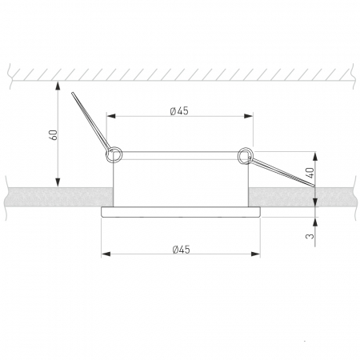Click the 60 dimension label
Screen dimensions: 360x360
54,135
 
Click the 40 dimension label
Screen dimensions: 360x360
310,173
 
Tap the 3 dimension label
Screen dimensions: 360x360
310,236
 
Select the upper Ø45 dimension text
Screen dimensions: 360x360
179,111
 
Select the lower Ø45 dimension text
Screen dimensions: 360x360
181,250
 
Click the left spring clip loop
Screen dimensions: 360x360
114,154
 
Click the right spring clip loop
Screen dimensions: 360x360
245,155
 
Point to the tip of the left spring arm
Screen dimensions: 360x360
72,93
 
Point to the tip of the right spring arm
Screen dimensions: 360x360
314,186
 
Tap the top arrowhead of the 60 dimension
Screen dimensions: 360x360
58,86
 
